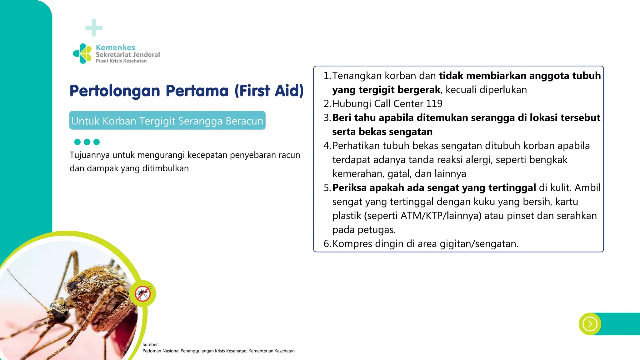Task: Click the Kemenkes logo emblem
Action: [x=82, y=54]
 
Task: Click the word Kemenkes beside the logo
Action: [x=115, y=47]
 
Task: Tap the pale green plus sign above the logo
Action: [x=94, y=28]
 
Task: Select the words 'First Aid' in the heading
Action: [x=269, y=91]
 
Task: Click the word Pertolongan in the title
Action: [x=115, y=91]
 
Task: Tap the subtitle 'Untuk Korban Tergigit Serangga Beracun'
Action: [x=167, y=121]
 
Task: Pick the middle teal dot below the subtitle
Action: [x=87, y=142]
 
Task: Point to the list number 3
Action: [x=327, y=118]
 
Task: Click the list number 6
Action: [x=327, y=244]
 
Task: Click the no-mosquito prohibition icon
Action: [x=143, y=294]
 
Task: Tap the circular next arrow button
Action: [x=590, y=324]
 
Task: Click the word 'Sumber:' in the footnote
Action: [x=151, y=344]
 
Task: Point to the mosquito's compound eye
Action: [x=59, y=314]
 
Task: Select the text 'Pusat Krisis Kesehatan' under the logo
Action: [x=121, y=61]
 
